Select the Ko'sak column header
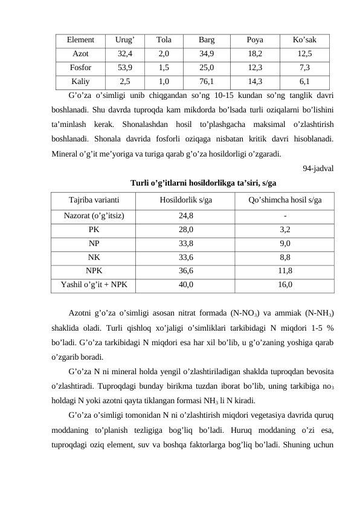click(304, 41)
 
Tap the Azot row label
click(80, 54)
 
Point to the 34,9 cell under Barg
click(206, 54)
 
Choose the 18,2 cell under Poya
click(255, 54)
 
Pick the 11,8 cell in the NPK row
click(286, 270)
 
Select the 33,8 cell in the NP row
click(186, 243)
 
